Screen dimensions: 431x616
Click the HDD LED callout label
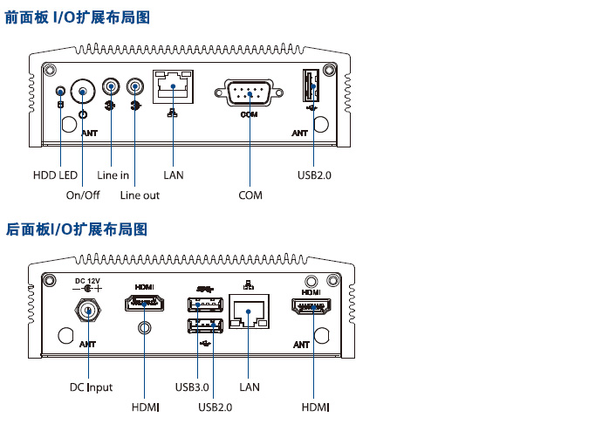point(55,175)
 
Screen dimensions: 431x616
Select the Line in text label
point(113,175)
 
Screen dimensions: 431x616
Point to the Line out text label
point(140,195)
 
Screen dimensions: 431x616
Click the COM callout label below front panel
point(250,195)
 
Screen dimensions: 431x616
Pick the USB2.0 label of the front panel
point(314,175)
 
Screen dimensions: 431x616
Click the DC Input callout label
point(92,387)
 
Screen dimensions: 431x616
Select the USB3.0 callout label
point(192,387)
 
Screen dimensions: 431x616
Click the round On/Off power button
point(82,91)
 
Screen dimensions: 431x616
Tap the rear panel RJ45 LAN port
point(250,312)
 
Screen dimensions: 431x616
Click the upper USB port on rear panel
point(203,304)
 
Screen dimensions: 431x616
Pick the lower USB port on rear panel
point(203,326)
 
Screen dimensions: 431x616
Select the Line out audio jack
point(135,86)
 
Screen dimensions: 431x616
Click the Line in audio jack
point(111,86)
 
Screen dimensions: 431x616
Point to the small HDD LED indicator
point(59,91)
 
